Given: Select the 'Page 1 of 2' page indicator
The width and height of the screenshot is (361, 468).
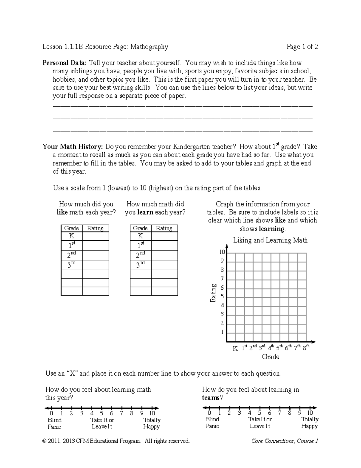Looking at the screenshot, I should [x=302, y=47].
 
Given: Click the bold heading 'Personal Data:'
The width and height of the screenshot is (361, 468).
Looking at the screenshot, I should [x=64, y=63].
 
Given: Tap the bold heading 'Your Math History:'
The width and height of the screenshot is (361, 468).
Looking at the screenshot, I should [x=73, y=147].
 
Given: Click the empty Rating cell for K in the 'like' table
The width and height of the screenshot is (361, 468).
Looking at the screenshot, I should [x=95, y=236].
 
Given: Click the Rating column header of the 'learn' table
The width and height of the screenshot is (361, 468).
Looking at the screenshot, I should [x=164, y=228].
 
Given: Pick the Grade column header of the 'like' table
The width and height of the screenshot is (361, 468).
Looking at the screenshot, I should [x=72, y=228].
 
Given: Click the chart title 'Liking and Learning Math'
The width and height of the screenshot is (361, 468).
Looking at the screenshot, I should [x=270, y=240].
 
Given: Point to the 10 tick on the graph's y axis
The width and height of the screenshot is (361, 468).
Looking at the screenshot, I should [x=222, y=252].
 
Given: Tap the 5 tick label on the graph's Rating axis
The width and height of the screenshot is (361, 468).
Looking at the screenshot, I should [x=222, y=297].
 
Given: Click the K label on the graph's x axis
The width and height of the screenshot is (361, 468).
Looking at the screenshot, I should [x=235, y=348].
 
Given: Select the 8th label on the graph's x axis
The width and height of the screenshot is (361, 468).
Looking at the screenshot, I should [x=306, y=348].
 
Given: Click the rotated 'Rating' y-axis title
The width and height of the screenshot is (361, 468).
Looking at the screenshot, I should [x=213, y=293].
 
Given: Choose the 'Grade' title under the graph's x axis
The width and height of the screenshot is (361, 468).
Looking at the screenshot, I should [x=270, y=357].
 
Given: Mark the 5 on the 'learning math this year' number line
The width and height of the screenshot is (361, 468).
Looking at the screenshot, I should [x=102, y=413].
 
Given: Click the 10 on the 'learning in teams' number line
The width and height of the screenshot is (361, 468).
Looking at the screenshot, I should [x=310, y=413].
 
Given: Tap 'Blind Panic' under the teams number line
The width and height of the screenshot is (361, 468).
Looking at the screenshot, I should [x=212, y=422].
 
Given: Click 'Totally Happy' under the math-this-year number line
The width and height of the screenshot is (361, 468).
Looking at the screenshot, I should [x=152, y=423].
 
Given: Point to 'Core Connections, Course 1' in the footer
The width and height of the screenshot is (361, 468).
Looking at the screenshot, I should [x=285, y=441].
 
